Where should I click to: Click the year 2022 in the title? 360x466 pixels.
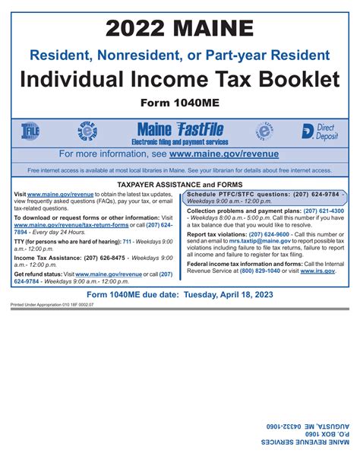pyautogui.click(x=137, y=29)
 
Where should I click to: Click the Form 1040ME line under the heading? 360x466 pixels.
pyautogui.click(x=179, y=103)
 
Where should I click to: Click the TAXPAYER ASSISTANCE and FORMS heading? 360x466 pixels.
pyautogui.click(x=179, y=185)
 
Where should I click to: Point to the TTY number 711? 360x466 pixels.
pyautogui.click(x=116, y=241)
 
